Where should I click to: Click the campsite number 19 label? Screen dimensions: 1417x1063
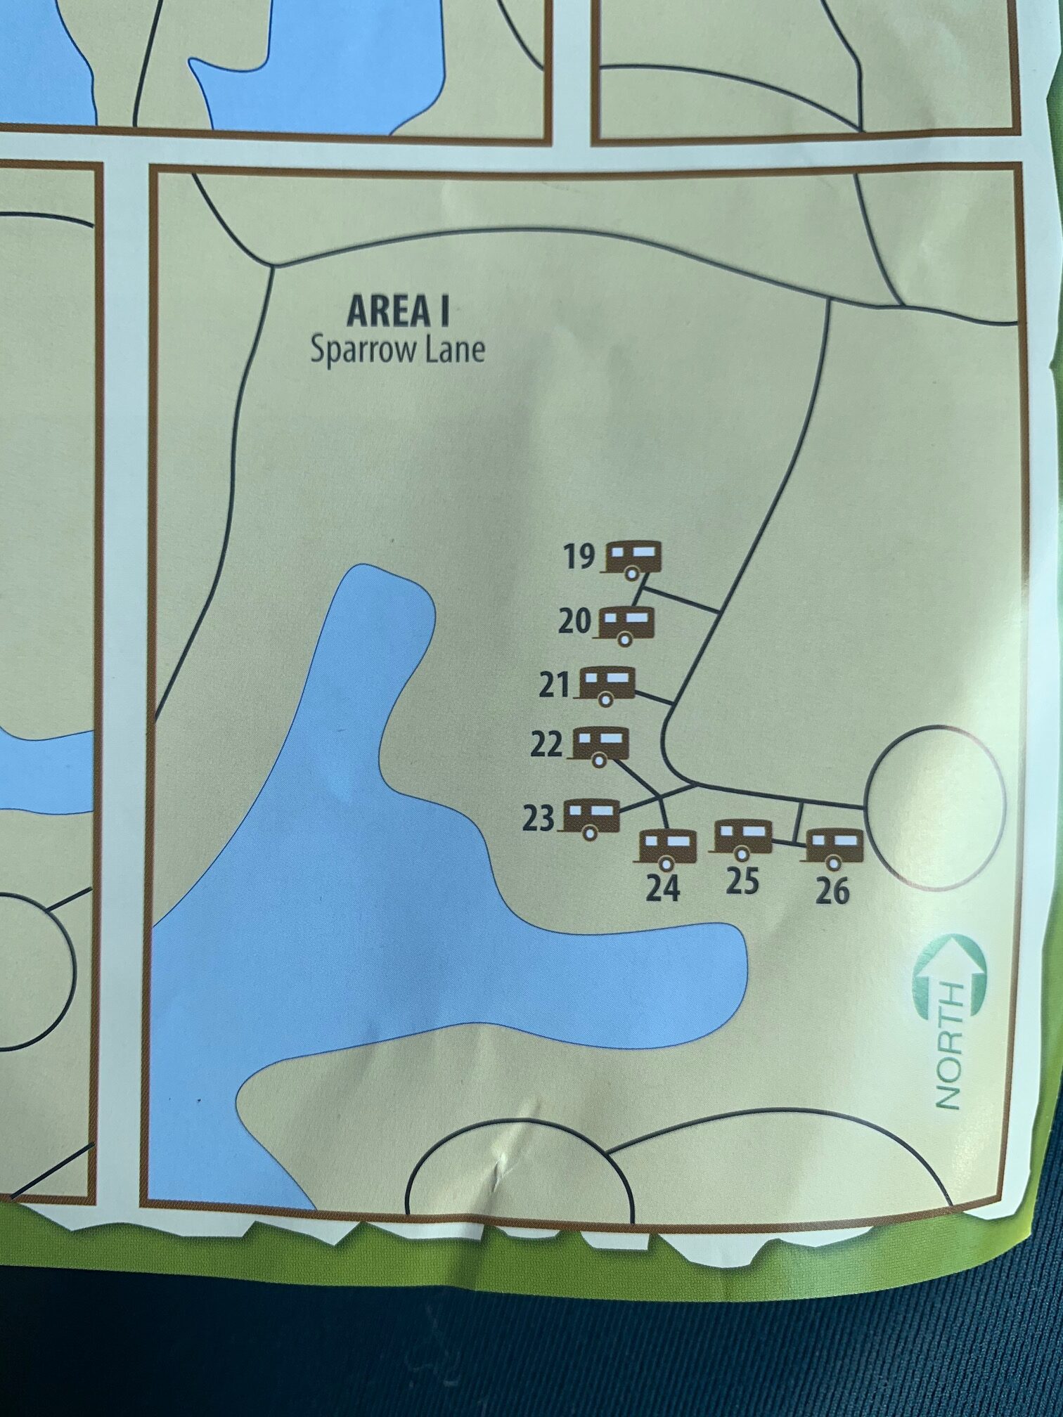tap(579, 557)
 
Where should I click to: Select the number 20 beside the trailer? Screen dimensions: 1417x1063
tap(574, 622)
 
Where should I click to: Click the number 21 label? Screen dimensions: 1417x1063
tap(555, 685)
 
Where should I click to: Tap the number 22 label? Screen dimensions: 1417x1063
tap(546, 744)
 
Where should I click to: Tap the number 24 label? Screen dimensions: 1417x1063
tap(663, 888)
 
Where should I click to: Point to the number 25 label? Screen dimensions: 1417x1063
tap(742, 881)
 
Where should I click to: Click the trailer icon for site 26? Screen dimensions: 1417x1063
tap(835, 847)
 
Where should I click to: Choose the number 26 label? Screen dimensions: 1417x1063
tap(832, 891)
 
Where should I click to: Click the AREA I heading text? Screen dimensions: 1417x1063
tap(398, 311)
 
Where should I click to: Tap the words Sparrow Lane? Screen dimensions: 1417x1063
tap(398, 349)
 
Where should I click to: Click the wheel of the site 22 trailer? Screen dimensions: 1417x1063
tap(599, 760)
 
